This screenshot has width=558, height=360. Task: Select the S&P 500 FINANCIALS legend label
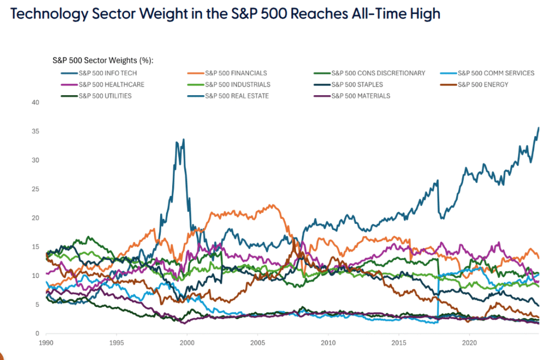pyautogui.click(x=235, y=73)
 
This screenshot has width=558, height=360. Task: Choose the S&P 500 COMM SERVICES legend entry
pyautogui.click(x=496, y=73)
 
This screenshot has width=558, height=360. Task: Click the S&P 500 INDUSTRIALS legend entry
pyautogui.click(x=238, y=84)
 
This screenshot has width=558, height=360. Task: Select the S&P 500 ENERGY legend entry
pyautogui.click(x=483, y=84)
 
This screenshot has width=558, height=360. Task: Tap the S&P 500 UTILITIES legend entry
pyautogui.click(x=105, y=96)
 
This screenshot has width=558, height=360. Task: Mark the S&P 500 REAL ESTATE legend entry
pyautogui.click(x=237, y=96)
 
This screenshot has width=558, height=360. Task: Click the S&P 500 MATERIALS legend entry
pyautogui.click(x=361, y=96)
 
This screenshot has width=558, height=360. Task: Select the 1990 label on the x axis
pyautogui.click(x=46, y=344)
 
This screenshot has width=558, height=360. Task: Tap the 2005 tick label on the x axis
pyautogui.click(x=257, y=344)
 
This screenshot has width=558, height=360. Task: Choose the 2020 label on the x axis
pyautogui.click(x=469, y=344)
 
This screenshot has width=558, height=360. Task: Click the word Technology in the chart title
pyautogui.click(x=48, y=14)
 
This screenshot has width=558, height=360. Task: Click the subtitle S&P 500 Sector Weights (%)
pyautogui.click(x=103, y=60)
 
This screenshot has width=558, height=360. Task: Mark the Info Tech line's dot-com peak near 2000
pyautogui.click(x=183, y=139)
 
